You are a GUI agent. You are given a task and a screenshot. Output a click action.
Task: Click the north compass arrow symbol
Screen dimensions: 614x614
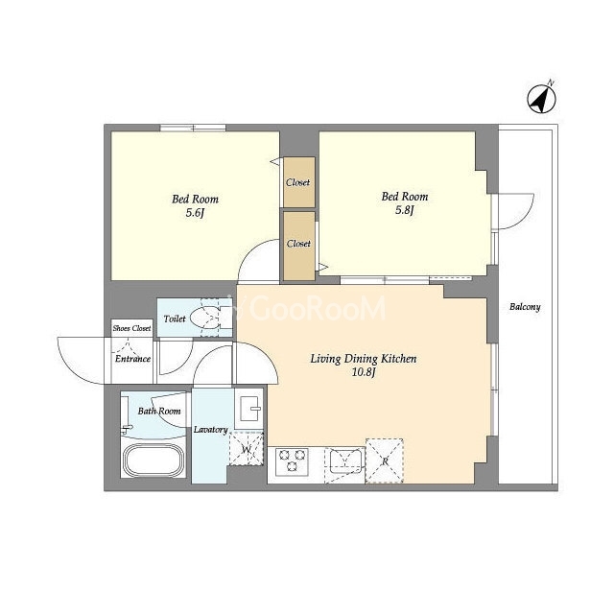pos(542,99)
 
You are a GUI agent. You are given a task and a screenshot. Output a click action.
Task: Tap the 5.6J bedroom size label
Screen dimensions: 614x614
pos(196,213)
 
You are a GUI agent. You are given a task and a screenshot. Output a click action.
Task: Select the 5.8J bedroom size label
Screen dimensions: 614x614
pos(405,210)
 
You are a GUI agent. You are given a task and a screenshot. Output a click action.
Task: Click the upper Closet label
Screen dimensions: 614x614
pos(298,182)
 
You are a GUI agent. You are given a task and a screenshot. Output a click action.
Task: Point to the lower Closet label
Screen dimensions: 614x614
pos(298,243)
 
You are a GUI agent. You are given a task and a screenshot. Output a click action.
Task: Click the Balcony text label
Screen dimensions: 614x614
pos(525,307)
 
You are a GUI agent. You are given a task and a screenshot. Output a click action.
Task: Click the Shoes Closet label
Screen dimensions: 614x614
pos(131,328)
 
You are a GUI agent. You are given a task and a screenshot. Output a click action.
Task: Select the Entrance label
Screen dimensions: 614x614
pos(132,359)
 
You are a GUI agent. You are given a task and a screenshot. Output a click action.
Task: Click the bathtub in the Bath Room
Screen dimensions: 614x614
pos(154,460)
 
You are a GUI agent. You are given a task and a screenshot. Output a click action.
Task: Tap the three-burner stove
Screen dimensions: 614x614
pos(292,461)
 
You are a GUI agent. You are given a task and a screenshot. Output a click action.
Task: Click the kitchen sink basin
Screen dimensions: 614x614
pos(345,461)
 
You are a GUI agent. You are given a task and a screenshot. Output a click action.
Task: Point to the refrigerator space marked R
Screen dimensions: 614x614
pos(385,460)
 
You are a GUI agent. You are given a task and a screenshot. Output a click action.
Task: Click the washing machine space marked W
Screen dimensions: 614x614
pos(247,449)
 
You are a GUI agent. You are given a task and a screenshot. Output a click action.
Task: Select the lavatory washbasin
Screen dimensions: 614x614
pos(249,409)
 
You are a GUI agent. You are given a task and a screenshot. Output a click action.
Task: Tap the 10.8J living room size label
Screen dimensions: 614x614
pos(364,372)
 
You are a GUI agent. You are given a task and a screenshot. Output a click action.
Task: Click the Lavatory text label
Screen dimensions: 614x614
pos(211,430)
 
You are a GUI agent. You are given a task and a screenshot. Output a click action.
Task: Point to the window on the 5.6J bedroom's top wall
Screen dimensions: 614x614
pos(193,128)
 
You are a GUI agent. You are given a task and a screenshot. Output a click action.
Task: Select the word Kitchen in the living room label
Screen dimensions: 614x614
pos(399,359)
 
